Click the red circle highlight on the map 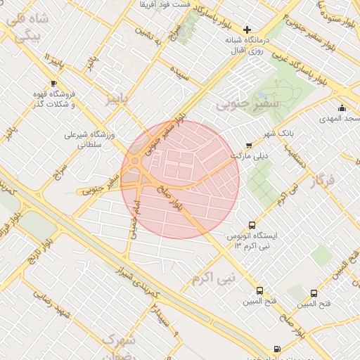click(180, 179)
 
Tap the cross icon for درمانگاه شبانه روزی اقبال click(246, 30)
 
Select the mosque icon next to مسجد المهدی click(342, 108)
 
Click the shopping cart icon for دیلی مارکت click(248, 145)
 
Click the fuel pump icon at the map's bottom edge click(276, 349)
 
